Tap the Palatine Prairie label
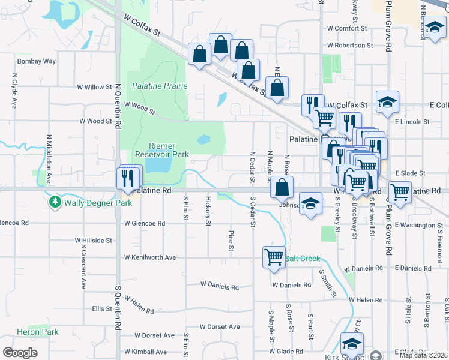[x=160, y=86]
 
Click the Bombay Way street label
[x=37, y=61]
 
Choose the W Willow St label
[x=94, y=87]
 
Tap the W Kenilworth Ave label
[x=150, y=257]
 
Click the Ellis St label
[x=98, y=309]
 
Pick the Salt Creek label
[x=303, y=259]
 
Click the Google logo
[x=20, y=353]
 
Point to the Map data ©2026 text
[x=423, y=355]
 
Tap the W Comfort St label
[x=347, y=28]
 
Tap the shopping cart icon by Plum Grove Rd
[x=399, y=192]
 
